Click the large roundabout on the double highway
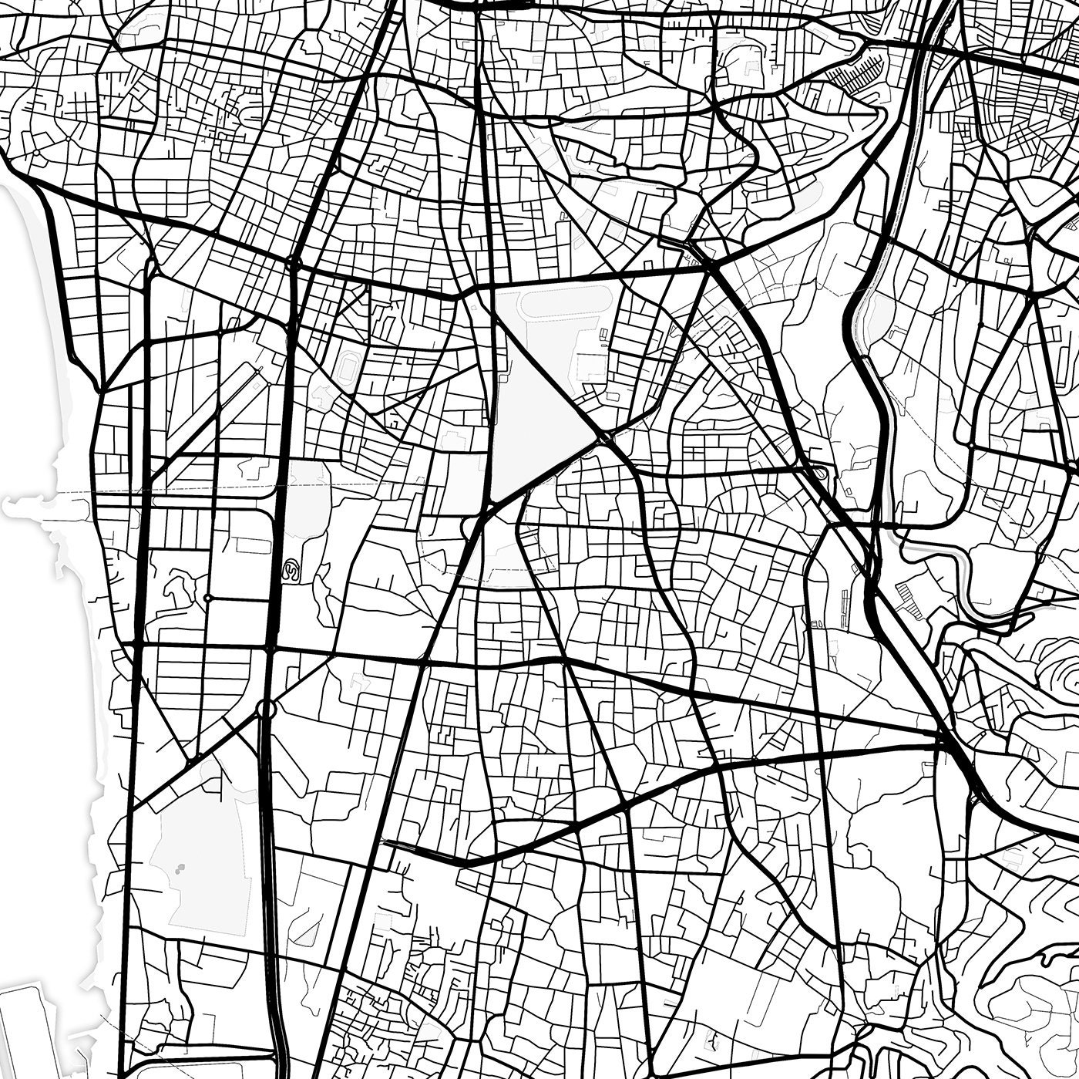click(x=266, y=707)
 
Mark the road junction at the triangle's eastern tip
click(x=605, y=438)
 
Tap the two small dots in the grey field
click(x=181, y=870)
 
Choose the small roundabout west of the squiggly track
click(x=208, y=598)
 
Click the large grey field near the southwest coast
click(x=200, y=856)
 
